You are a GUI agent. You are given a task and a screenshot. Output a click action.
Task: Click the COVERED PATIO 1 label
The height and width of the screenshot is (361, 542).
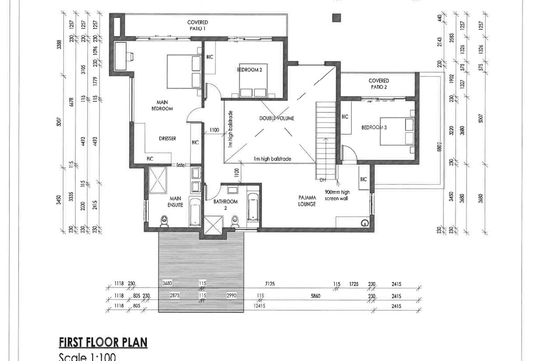pos(198,25)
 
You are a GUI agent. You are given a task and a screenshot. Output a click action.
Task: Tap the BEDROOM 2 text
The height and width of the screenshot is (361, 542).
pos(250,70)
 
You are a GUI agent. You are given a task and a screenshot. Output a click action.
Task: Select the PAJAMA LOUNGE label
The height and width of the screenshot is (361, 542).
pos(306,201)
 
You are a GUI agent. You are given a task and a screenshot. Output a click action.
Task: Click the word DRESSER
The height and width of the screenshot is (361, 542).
pos(167,139)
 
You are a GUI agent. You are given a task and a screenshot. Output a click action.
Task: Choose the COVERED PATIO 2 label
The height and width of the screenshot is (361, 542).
pos(378,83)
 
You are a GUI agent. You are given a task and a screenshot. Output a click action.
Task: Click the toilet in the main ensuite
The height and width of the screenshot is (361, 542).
pos(164,221)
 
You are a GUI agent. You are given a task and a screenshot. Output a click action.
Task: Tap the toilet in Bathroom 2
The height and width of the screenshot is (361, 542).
pos(234,220)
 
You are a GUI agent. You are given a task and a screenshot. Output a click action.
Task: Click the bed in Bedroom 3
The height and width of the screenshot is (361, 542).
pos(397,131)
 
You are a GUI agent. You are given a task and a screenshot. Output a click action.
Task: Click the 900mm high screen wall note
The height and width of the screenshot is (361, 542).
pos(337,194)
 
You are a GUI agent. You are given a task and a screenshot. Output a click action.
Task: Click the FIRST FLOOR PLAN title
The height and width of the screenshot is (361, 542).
pos(103,342)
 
